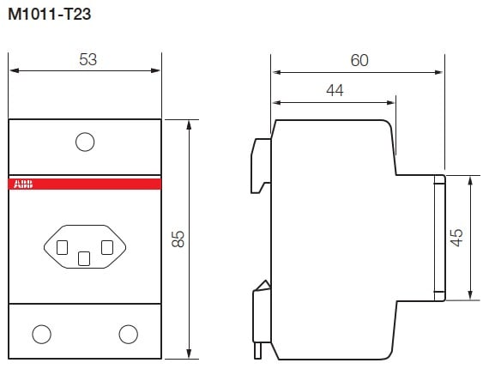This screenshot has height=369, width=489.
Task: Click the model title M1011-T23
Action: pos(49,15)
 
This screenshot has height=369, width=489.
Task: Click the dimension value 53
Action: pos(88,59)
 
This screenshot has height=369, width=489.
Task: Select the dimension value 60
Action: pos(359,60)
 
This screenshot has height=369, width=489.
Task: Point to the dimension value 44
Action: pos(335,90)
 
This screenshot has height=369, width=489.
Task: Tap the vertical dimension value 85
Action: pos(178,239)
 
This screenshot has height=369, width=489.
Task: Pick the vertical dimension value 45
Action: pos(456,238)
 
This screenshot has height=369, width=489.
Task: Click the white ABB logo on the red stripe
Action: pos(23,184)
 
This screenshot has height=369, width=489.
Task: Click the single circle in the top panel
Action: pos(85,142)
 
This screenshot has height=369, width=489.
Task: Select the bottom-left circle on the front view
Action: pos(41,334)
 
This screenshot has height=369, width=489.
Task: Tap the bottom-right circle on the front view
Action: pos(128,334)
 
